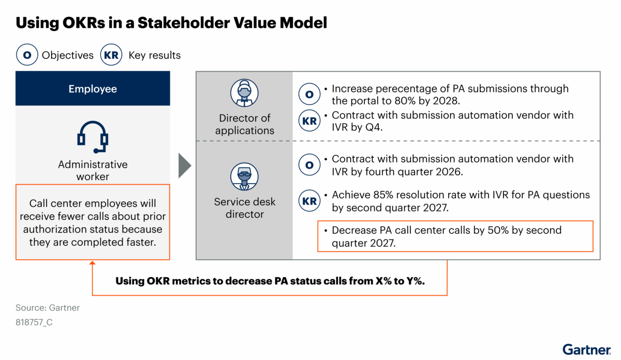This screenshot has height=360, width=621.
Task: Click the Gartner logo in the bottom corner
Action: click(x=586, y=350)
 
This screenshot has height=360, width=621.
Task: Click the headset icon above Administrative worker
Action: click(x=93, y=137)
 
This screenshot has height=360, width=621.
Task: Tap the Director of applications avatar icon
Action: click(x=244, y=93)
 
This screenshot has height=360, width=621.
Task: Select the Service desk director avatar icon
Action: click(x=244, y=176)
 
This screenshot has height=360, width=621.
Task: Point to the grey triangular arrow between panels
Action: click(x=185, y=166)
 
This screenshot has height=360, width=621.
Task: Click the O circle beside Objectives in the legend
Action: click(x=27, y=55)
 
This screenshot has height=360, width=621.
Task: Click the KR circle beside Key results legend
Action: click(x=111, y=55)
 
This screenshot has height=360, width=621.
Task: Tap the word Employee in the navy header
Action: click(x=93, y=89)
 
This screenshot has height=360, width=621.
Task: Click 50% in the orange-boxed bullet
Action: click(x=498, y=230)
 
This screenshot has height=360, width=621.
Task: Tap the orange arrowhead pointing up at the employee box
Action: click(x=93, y=263)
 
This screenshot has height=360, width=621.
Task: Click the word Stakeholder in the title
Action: click(x=184, y=23)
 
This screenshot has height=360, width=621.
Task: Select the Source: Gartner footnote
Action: click(x=48, y=308)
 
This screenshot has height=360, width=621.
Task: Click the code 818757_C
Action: click(x=34, y=322)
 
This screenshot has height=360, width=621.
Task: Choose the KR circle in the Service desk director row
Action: click(x=309, y=201)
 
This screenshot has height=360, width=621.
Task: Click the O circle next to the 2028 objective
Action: click(x=309, y=94)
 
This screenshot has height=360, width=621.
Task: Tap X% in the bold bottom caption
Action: click(x=383, y=281)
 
